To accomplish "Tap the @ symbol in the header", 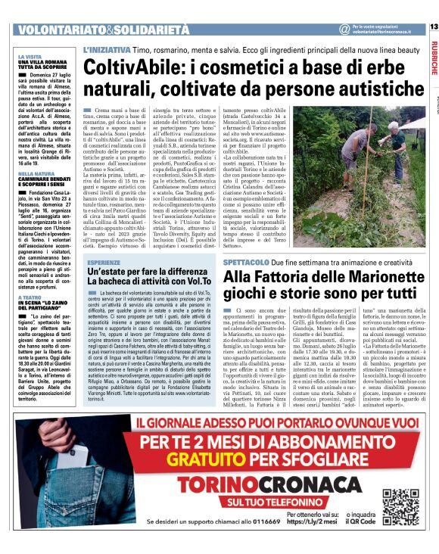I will coord(344,30).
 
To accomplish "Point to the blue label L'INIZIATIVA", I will coord(105,48).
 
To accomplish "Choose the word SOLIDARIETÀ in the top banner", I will coord(151,30).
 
